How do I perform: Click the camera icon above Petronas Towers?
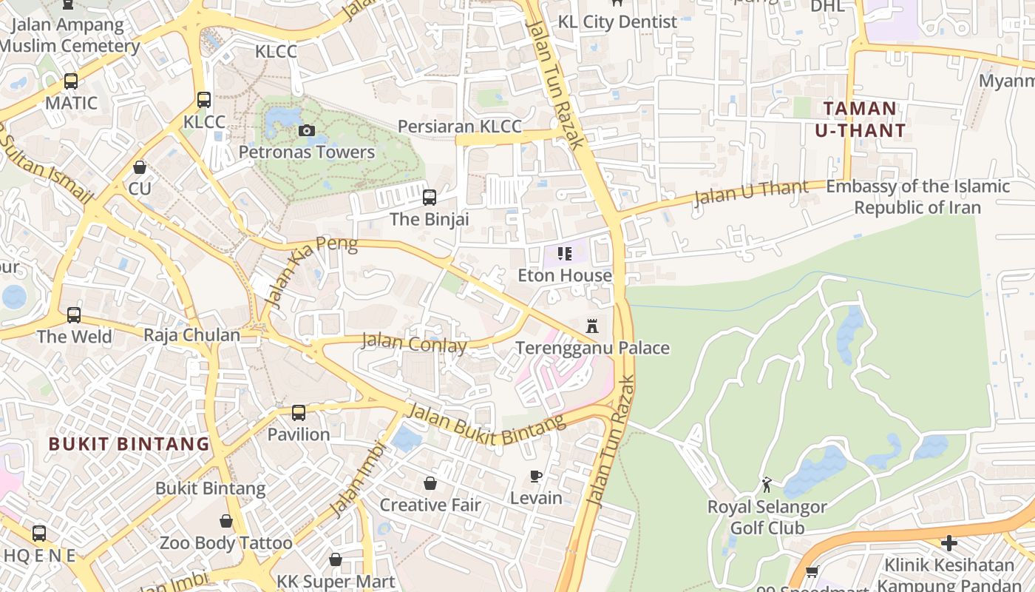pyautogui.click(x=306, y=131)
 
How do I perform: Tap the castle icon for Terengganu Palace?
pyautogui.click(x=592, y=326)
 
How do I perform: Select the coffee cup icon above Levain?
pyautogui.click(x=536, y=477)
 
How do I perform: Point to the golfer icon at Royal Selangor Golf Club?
pyautogui.click(x=767, y=485)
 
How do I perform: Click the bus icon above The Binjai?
pyautogui.click(x=430, y=198)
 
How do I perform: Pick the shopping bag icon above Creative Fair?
pyautogui.click(x=430, y=483)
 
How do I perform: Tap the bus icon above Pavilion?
pyautogui.click(x=299, y=413)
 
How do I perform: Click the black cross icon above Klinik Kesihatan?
pyautogui.click(x=949, y=544)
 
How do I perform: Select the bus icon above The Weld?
pyautogui.click(x=74, y=315)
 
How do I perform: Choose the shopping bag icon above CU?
pyautogui.click(x=140, y=167)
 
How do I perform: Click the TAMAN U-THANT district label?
pyautogui.click(x=860, y=120)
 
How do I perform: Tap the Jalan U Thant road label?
pyautogui.click(x=751, y=192)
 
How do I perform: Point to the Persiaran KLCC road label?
pyautogui.click(x=459, y=127)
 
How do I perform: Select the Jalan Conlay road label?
pyautogui.click(x=414, y=343)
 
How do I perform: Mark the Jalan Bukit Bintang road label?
pyautogui.click(x=486, y=425)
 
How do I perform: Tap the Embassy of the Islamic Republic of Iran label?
pyautogui.click(x=917, y=197)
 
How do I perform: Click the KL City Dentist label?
pyautogui.click(x=617, y=22)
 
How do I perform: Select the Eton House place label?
pyautogui.click(x=565, y=275)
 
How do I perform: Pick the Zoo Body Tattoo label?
pyautogui.click(x=226, y=543)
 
